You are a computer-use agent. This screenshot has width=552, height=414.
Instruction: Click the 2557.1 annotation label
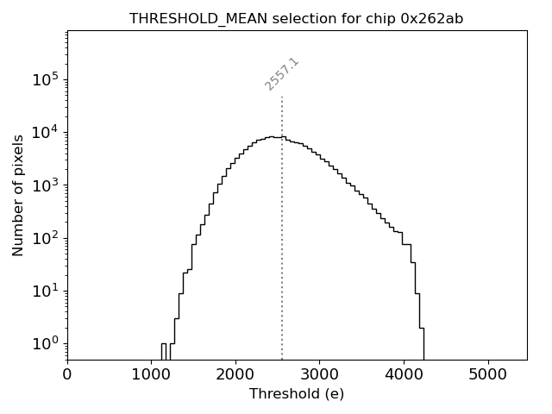[282, 74]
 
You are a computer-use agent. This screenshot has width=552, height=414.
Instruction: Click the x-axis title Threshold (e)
[297, 394]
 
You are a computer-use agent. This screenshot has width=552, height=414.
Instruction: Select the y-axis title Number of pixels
[18, 195]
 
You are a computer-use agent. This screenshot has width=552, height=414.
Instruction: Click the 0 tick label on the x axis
[67, 375]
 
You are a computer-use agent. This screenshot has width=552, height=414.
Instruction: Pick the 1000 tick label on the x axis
[151, 375]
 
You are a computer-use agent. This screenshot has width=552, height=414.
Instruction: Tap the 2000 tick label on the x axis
[235, 375]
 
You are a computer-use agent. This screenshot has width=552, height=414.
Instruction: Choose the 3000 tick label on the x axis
[319, 375]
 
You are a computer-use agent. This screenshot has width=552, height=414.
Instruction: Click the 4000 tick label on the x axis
[404, 375]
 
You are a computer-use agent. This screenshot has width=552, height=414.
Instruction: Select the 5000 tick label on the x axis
[488, 375]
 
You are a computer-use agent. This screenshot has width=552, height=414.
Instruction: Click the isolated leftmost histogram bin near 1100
[163, 350]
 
